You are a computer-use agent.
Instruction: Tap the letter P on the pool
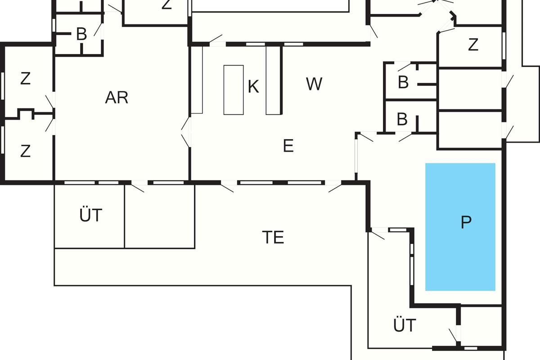coord(466,222)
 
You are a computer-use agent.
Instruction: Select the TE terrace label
coord(273,237)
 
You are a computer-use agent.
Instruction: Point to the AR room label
coord(117,97)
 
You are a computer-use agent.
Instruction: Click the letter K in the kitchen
coord(253,87)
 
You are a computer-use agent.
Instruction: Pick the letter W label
coord(314,84)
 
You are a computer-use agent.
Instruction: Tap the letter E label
coord(288,146)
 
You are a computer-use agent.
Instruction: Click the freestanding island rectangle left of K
coord(234,90)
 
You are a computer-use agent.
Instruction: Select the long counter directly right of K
coord(273,80)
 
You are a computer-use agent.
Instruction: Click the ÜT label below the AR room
coord(91,216)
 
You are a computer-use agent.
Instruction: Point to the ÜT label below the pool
coord(405,325)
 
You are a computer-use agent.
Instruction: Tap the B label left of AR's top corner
coord(81,35)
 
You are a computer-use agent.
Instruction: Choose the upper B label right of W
coord(403,83)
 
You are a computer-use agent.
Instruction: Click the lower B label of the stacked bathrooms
coord(402,120)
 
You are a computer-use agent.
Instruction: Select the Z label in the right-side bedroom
coord(472,45)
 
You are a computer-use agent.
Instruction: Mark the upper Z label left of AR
coord(25,79)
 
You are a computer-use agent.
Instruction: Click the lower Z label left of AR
coord(25,151)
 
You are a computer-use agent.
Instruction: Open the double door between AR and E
coord(186,132)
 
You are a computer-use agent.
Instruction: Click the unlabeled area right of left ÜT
coord(159,216)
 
